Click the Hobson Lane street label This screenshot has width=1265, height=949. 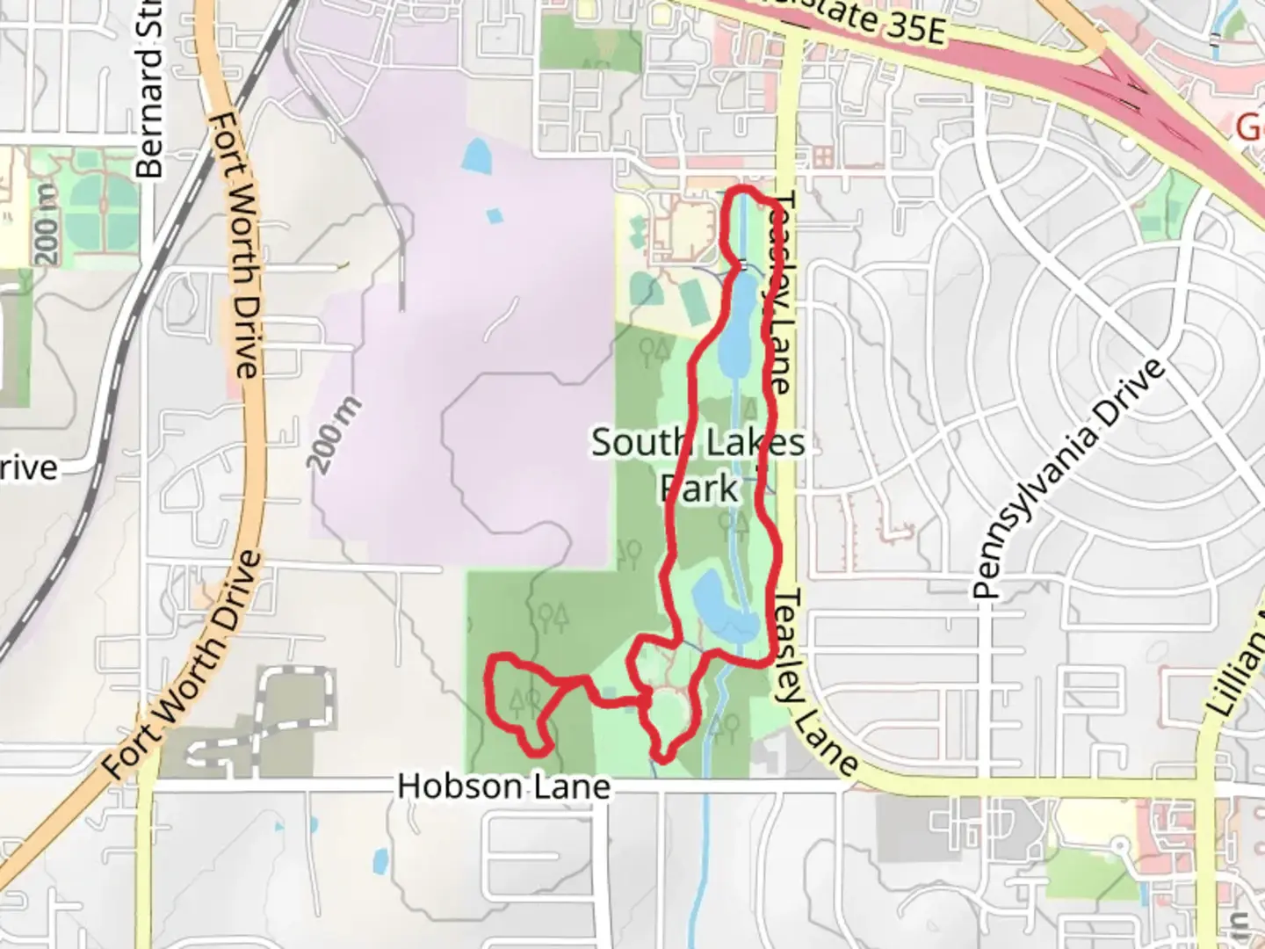tap(502, 786)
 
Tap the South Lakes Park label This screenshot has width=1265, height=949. tap(698, 465)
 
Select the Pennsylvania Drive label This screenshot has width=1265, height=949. tap(1070, 479)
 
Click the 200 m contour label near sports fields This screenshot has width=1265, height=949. tap(47, 225)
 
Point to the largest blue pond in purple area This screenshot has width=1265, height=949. tap(475, 156)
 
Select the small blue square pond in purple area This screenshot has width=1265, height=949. tap(495, 214)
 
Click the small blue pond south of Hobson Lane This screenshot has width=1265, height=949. tap(380, 861)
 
